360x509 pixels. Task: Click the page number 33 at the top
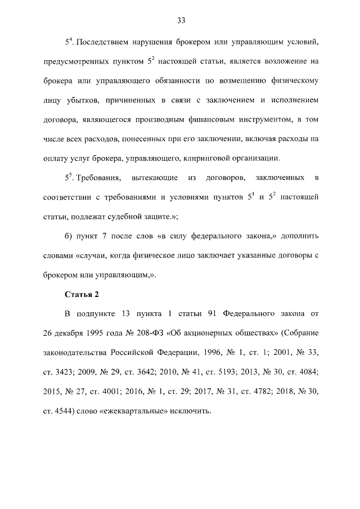(181, 21)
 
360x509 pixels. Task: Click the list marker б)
(69, 236)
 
